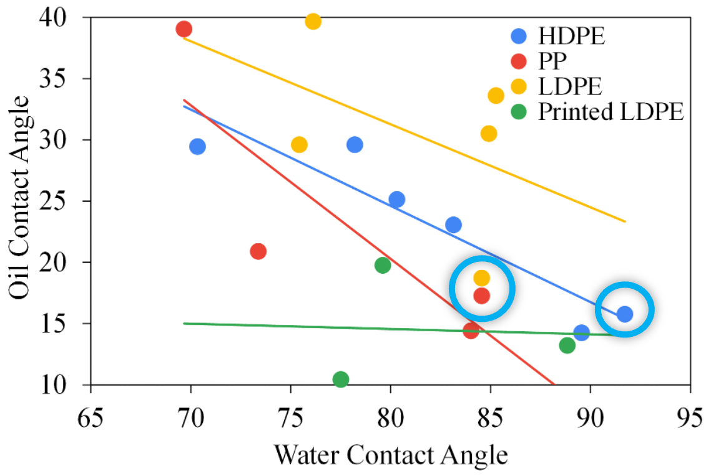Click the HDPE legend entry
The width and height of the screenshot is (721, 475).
click(x=571, y=36)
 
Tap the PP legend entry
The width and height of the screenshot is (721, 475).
click(x=552, y=61)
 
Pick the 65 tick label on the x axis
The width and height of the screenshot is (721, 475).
click(x=91, y=415)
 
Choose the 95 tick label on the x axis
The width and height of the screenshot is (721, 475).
click(x=690, y=415)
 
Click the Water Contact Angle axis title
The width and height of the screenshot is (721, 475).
click(x=390, y=454)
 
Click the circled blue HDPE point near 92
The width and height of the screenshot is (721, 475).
click(x=625, y=314)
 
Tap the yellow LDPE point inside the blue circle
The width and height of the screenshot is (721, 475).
click(x=481, y=277)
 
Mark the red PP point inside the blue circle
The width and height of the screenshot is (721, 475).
click(x=481, y=296)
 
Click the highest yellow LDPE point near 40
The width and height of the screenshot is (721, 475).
click(x=313, y=22)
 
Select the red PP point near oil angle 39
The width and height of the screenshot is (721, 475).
click(x=184, y=29)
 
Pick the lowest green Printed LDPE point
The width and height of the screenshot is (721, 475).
click(x=340, y=379)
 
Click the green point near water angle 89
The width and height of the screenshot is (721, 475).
click(x=567, y=345)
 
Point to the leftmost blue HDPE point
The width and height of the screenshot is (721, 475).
click(x=197, y=146)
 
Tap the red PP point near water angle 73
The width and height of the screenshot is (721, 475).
click(x=258, y=251)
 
